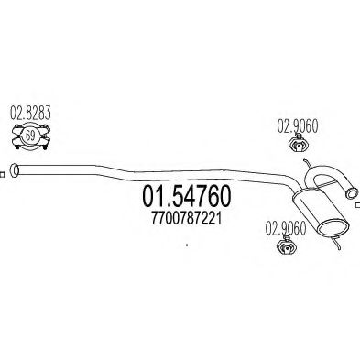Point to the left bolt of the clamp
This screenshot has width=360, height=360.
tap(12, 139)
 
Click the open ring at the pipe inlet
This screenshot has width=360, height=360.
tap(14, 169)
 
